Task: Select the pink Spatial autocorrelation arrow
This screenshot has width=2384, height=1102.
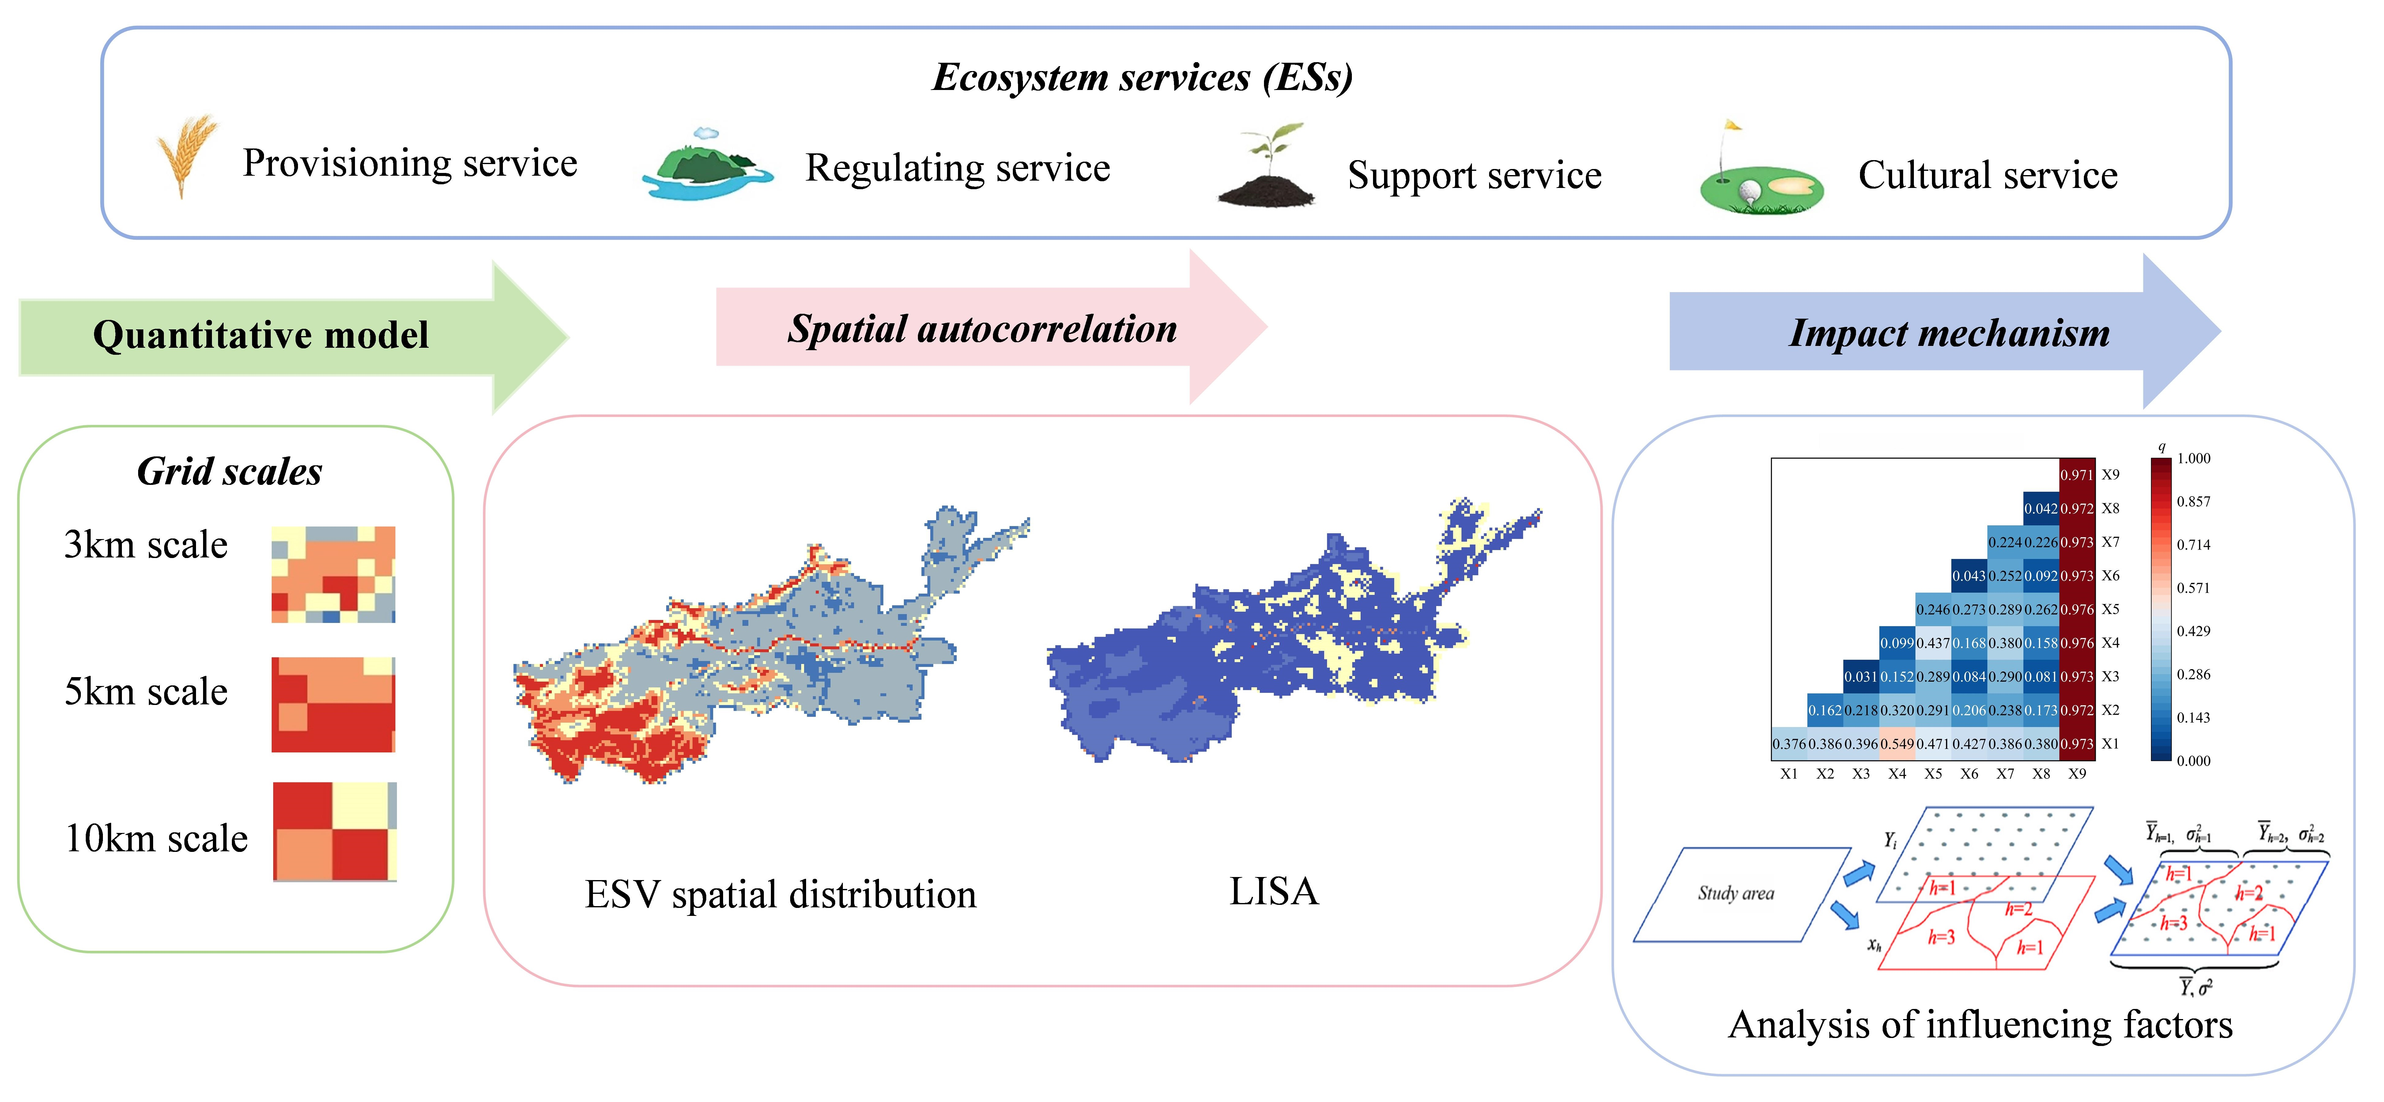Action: point(981,328)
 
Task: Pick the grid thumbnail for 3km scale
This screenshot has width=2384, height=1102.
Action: point(333,574)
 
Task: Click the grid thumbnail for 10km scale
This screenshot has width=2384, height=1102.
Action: point(335,831)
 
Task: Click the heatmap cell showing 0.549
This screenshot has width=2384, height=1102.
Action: point(1896,744)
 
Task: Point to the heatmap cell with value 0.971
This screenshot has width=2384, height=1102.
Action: point(2077,475)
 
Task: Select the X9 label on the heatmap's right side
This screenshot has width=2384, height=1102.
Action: point(2110,475)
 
